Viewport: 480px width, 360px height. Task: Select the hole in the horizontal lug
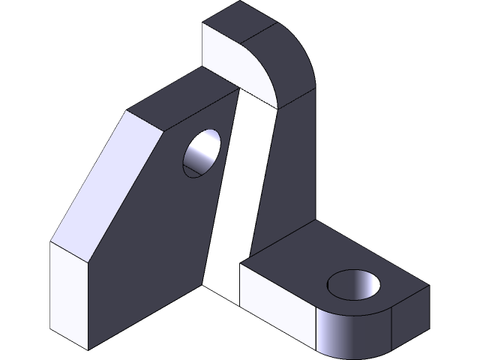click(x=354, y=286)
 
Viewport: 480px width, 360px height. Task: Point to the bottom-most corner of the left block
click(x=88, y=349)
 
